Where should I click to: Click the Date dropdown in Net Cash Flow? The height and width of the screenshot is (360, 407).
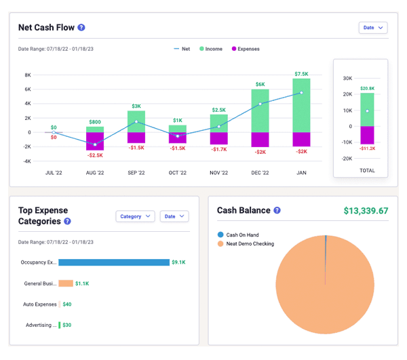373,28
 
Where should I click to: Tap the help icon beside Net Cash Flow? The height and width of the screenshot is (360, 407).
81,28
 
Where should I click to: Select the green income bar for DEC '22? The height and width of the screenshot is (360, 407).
260,111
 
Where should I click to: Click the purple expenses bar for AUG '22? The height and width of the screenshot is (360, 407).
95,141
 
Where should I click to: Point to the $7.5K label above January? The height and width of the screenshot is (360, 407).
301,74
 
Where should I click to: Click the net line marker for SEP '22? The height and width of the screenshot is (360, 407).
136,121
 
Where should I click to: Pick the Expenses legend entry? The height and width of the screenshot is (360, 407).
246,49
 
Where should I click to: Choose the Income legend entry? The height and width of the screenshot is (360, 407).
211,49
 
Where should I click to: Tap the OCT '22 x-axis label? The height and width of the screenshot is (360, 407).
178,173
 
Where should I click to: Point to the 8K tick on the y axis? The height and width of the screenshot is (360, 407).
28,75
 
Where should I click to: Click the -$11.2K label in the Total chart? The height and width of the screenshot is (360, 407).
367,148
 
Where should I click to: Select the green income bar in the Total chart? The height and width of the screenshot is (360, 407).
367,109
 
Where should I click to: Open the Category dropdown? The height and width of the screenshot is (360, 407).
135,216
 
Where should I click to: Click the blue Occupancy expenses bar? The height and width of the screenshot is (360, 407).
114,262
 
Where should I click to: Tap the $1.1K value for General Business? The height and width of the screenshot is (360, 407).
82,283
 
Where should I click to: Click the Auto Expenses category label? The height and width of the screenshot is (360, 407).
40,304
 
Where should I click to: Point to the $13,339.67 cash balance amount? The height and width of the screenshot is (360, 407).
366,211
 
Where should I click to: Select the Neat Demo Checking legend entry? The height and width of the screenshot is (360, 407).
246,244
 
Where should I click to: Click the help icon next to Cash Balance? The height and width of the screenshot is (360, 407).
277,210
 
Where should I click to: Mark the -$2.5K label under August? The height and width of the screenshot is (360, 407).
95,155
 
